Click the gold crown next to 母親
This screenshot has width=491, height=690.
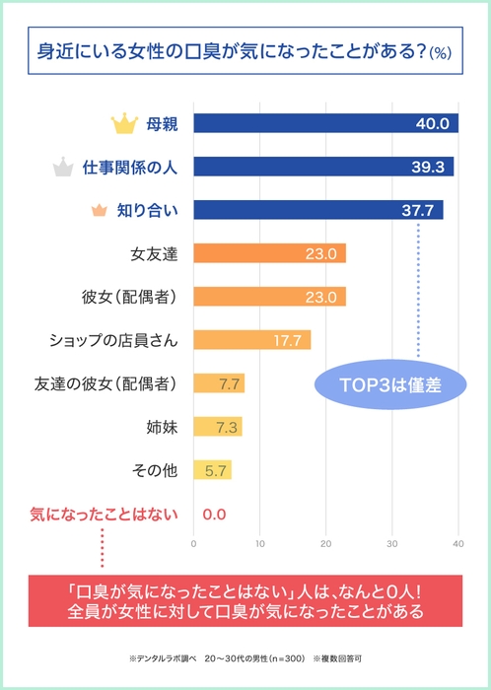click(x=124, y=124)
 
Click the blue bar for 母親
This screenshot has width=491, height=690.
click(x=325, y=123)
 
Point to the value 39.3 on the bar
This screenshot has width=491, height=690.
click(x=428, y=167)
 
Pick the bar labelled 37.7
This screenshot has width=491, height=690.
click(x=317, y=210)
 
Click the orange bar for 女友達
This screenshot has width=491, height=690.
click(x=269, y=253)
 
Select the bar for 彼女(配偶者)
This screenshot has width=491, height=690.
click(x=269, y=297)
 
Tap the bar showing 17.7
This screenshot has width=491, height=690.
click(x=252, y=340)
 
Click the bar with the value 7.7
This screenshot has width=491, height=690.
click(x=219, y=383)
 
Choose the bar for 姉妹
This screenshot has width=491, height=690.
click(x=217, y=427)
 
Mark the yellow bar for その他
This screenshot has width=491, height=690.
click(x=212, y=470)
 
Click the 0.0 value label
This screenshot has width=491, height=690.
click(x=214, y=514)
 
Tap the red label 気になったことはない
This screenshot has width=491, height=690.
click(x=103, y=514)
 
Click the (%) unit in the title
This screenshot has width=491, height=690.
click(x=439, y=54)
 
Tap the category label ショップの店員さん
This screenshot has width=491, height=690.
click(x=113, y=340)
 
